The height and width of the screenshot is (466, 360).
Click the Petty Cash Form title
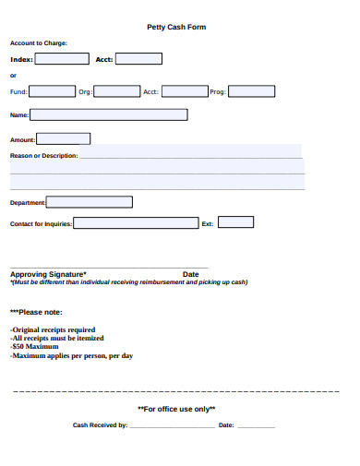pos(176,27)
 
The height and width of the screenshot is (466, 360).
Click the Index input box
pos(62,59)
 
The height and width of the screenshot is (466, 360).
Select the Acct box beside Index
pos(138,59)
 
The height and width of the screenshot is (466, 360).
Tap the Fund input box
pos(53,91)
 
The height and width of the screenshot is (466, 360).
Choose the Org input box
pos(118,91)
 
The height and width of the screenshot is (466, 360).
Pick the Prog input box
pos(251,91)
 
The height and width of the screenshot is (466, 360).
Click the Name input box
pos(109,115)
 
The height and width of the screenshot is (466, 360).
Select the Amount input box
pos(63,139)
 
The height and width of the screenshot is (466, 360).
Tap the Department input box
pos(90,202)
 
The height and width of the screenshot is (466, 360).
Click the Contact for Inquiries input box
pos(136,223)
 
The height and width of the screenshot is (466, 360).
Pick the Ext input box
pos(235,222)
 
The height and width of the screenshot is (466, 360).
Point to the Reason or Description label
pos(43,156)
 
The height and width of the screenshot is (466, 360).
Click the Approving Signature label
pos(48,274)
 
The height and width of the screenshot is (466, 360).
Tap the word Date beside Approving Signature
pos(191,274)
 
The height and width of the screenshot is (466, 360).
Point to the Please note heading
pos(36,312)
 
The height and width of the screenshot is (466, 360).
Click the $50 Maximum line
pos(41,347)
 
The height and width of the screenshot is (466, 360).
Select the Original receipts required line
pos(53,329)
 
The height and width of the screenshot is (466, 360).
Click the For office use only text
pos(176,409)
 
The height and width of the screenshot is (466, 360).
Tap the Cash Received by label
pos(100,425)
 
